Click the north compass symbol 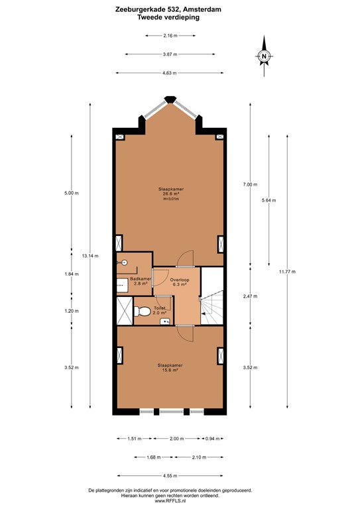click(264, 57)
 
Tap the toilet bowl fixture click(141, 311)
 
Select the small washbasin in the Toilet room click(165, 321)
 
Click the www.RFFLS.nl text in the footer click(170, 502)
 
